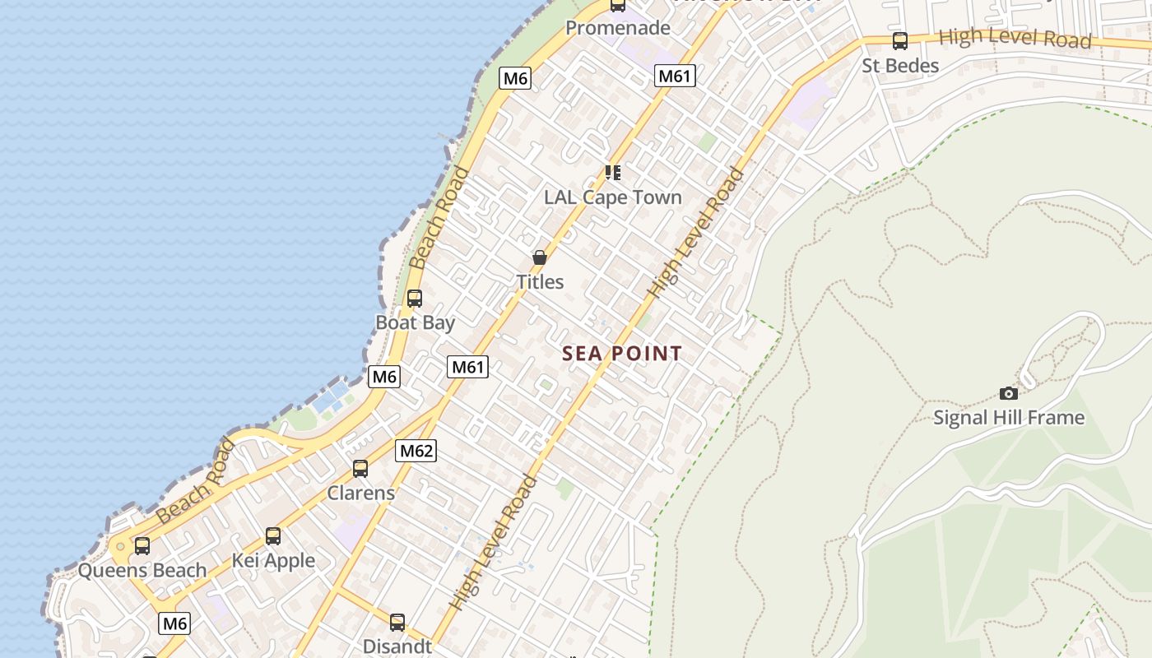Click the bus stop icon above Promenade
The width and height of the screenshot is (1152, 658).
[617, 5]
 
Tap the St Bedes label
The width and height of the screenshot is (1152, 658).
[900, 66]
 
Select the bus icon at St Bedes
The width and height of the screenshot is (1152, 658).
[900, 40]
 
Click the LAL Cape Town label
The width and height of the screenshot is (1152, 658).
[613, 197]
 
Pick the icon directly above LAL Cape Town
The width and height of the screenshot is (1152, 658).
[613, 172]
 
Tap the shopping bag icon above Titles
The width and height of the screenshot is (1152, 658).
[539, 257]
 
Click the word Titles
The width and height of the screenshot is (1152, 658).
[540, 282]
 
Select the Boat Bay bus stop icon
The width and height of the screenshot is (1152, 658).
[415, 299]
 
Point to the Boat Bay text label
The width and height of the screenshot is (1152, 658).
[415, 322]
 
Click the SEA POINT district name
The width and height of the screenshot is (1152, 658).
[622, 354]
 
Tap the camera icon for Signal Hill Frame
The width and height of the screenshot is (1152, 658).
[1008, 393]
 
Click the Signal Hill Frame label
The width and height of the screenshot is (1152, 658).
[1008, 418]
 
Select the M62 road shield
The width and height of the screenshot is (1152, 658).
[416, 450]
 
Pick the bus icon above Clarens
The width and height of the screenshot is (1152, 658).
[360, 469]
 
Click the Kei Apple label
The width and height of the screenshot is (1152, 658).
[273, 561]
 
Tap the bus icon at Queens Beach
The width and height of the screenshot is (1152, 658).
[142, 545]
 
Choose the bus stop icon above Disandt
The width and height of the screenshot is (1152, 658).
[397, 622]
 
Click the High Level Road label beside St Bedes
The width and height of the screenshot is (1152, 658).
[1015, 38]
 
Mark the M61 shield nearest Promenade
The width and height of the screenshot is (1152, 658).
[676, 76]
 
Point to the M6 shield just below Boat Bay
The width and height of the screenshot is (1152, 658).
[384, 377]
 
